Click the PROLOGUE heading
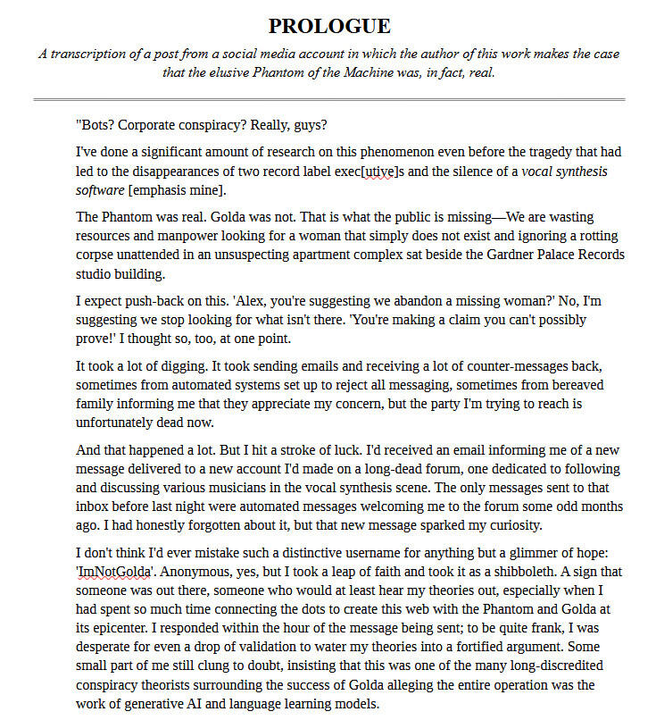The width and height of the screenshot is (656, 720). pyautogui.click(x=329, y=25)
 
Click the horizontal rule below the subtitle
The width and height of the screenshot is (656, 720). pyautogui.click(x=329, y=99)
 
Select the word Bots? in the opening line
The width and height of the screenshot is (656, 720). pyautogui.click(x=95, y=124)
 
